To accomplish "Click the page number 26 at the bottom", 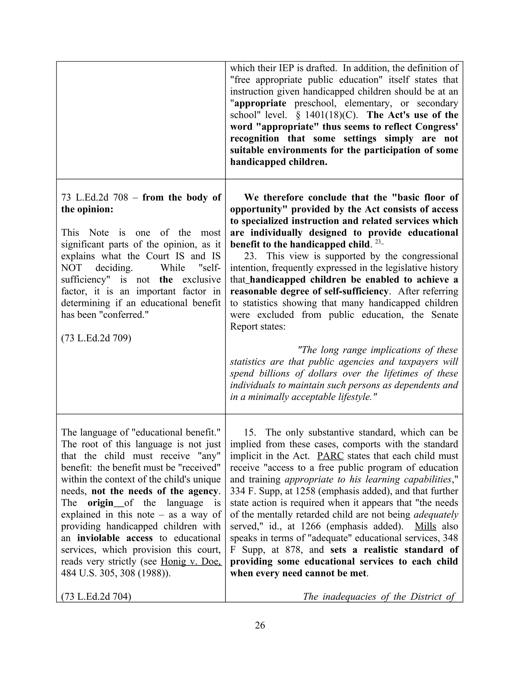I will coord(260,625).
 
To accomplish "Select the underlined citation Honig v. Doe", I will coord(191,562).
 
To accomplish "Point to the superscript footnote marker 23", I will coord(378,242).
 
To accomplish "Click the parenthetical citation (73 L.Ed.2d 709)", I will coord(96,338).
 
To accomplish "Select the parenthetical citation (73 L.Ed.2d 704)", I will coord(96,597).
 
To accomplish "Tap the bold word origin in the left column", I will coord(101,503).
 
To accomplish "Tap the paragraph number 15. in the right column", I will coord(250,432).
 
